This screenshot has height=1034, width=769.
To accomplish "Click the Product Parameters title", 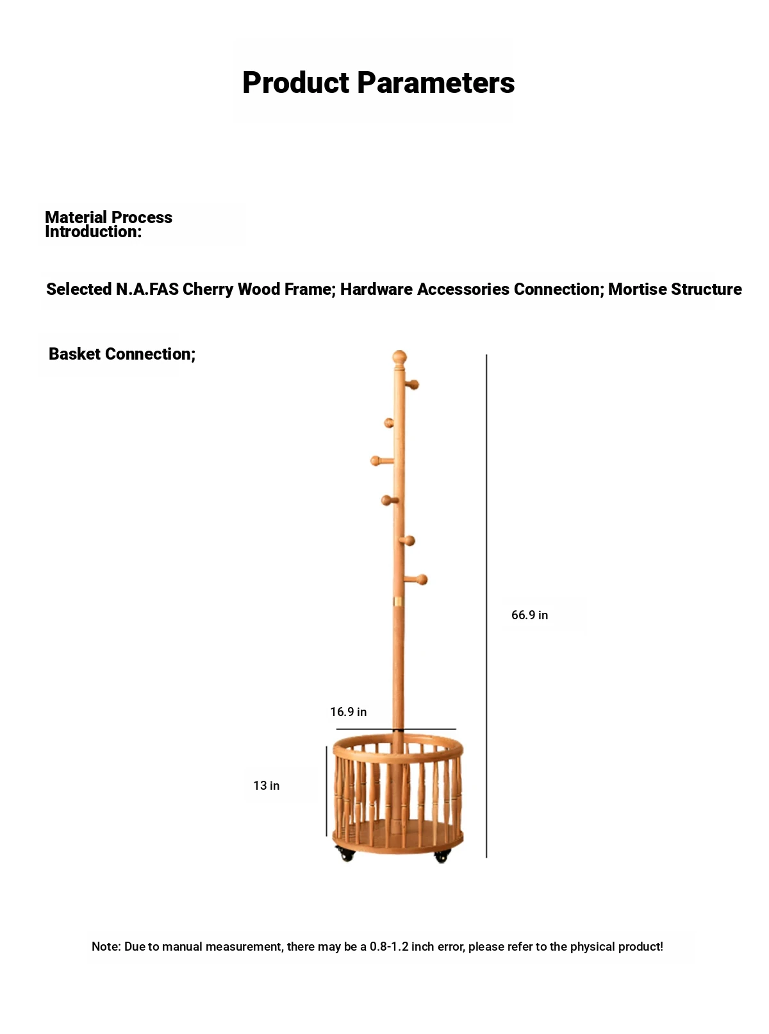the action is click(379, 83).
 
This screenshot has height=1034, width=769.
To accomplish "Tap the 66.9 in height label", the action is click(529, 615).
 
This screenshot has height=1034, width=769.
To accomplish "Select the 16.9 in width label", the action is click(348, 712).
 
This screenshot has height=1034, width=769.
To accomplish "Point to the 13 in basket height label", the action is click(266, 785).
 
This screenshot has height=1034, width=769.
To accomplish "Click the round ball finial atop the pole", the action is click(399, 358).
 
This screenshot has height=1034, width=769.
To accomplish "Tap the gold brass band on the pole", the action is click(398, 601).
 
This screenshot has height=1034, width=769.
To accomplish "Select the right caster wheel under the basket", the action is click(442, 855).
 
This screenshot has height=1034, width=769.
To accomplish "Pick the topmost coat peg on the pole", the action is click(411, 385).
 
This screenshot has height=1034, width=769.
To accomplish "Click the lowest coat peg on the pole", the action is click(416, 580).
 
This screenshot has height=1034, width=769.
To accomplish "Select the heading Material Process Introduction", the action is click(108, 224).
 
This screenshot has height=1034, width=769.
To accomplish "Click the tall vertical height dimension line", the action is click(486, 606).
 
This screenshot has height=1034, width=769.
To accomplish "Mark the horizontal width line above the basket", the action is click(395, 729).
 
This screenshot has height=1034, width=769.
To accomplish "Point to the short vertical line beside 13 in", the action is click(326, 790).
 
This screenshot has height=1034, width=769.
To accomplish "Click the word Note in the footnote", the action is click(106, 947).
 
